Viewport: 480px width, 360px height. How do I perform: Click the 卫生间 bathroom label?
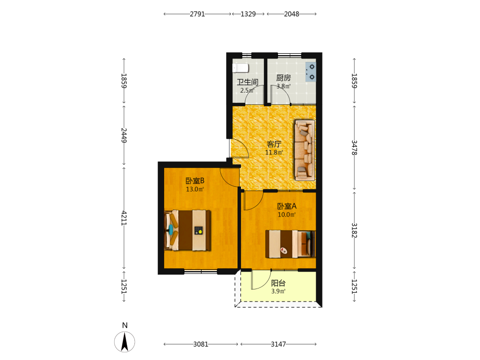(247, 82)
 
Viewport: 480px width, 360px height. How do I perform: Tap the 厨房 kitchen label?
(284, 78)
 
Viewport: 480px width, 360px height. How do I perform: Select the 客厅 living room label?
(274, 144)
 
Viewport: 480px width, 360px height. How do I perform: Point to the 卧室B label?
(195, 181)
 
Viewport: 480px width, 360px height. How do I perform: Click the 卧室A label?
(287, 206)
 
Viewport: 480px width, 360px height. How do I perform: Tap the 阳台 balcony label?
(278, 283)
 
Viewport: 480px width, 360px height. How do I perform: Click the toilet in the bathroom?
(240, 68)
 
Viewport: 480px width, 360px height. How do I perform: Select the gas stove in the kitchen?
(311, 72)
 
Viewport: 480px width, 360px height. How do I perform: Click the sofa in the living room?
(305, 150)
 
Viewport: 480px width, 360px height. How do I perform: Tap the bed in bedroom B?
(187, 230)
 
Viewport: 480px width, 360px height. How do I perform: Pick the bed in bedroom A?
(290, 244)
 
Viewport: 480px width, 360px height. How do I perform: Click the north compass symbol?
(125, 341)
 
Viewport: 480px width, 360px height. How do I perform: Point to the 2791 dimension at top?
(197, 14)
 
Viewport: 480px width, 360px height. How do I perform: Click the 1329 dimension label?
(248, 14)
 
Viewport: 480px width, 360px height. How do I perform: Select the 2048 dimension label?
(291, 14)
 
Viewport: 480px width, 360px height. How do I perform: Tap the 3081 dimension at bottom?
(201, 344)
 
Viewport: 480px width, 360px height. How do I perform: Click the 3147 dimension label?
(278, 344)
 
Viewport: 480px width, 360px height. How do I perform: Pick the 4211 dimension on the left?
(124, 218)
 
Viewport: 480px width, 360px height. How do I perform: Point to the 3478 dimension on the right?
(354, 147)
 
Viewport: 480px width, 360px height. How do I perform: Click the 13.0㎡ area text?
(195, 190)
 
